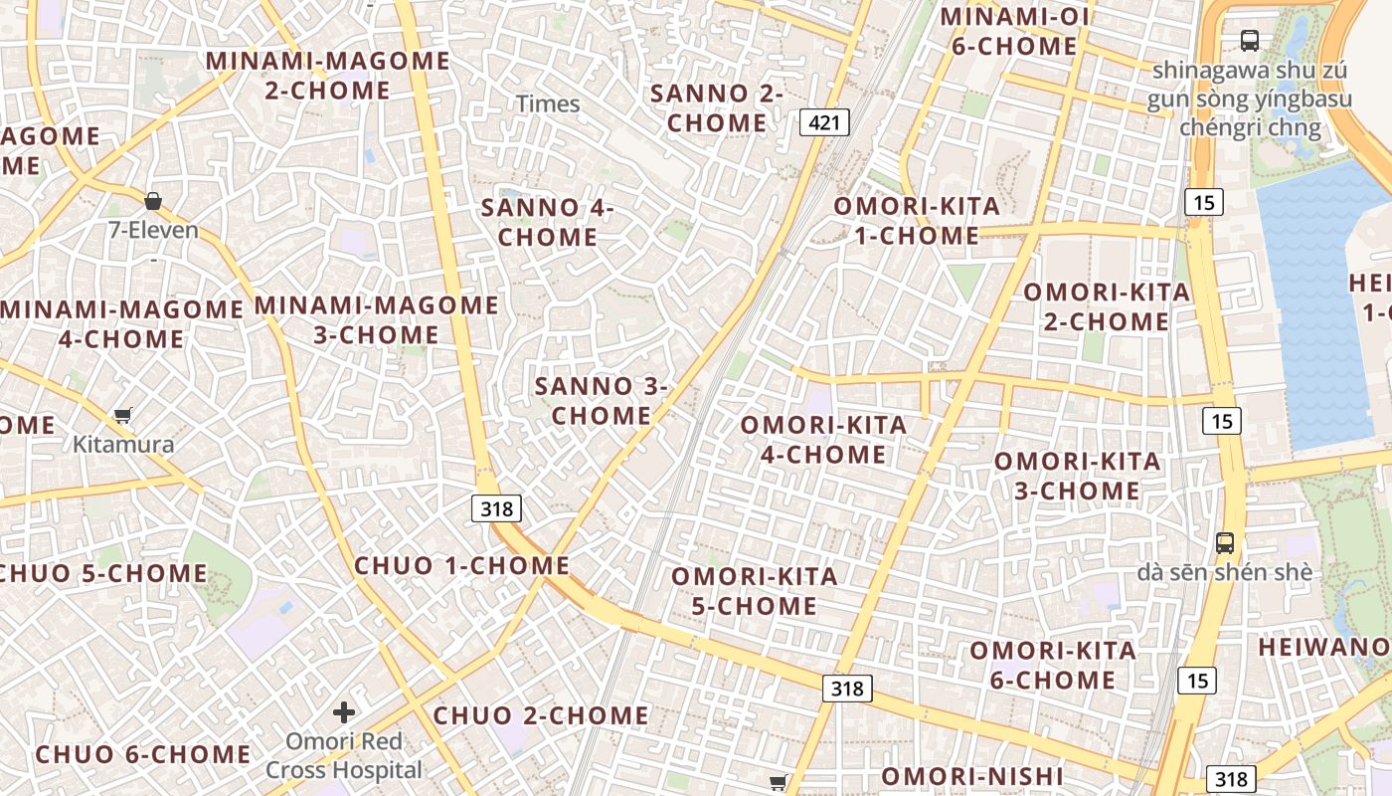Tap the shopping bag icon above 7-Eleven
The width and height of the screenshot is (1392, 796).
tap(153, 201)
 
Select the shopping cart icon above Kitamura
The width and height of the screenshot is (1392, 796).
tap(123, 415)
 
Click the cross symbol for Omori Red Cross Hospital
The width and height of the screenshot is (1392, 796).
tap(344, 712)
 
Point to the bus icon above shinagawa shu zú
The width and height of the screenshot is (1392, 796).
tap(1250, 41)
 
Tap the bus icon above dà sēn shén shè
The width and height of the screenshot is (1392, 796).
tap(1225, 543)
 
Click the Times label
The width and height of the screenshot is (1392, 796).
tap(548, 103)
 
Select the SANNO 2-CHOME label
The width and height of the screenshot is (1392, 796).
tap(716, 108)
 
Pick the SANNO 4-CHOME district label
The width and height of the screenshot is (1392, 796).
tap(548, 223)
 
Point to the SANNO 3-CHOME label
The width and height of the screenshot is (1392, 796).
tap(602, 401)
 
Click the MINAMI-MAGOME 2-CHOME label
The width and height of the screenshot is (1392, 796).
tap(328, 76)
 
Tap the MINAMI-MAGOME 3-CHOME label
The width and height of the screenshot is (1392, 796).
tap(377, 319)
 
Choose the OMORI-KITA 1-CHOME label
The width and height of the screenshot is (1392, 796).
tap(917, 221)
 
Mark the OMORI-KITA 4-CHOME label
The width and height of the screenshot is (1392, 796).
tap(823, 440)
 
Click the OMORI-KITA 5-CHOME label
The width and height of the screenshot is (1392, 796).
tap(755, 591)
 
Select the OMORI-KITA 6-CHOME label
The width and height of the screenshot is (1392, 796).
tap(1053, 666)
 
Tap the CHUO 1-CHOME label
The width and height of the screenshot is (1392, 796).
tap(462, 566)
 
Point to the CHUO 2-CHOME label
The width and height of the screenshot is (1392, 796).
tap(541, 715)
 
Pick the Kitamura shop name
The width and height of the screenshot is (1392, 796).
tap(123, 445)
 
